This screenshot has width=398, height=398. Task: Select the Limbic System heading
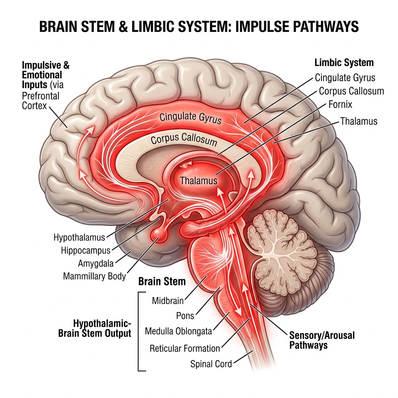coord(344,63)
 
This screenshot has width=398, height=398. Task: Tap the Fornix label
coord(340,104)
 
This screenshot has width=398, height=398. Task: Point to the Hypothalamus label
coord(79,237)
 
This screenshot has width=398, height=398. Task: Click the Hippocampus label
coord(86,251)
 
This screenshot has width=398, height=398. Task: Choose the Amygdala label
coord(96,263)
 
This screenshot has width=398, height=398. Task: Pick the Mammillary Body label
coord(94,276)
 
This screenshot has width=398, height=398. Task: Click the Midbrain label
coord(168,301)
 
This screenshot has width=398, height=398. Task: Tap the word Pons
coord(185,316)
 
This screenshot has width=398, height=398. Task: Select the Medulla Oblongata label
coord(178,331)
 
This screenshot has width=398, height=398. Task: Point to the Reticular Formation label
coord(185,349)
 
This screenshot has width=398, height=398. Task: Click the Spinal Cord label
coord(211,364)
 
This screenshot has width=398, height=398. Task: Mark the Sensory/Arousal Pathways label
coord(322,340)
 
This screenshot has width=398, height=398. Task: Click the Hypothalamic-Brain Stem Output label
coord(95,328)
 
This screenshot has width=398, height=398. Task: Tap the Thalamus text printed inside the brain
coord(199,181)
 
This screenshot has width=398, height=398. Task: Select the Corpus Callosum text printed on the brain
coord(184,140)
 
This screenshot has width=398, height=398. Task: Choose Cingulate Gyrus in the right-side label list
coord(345,78)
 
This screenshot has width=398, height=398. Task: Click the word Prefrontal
coord(40,96)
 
